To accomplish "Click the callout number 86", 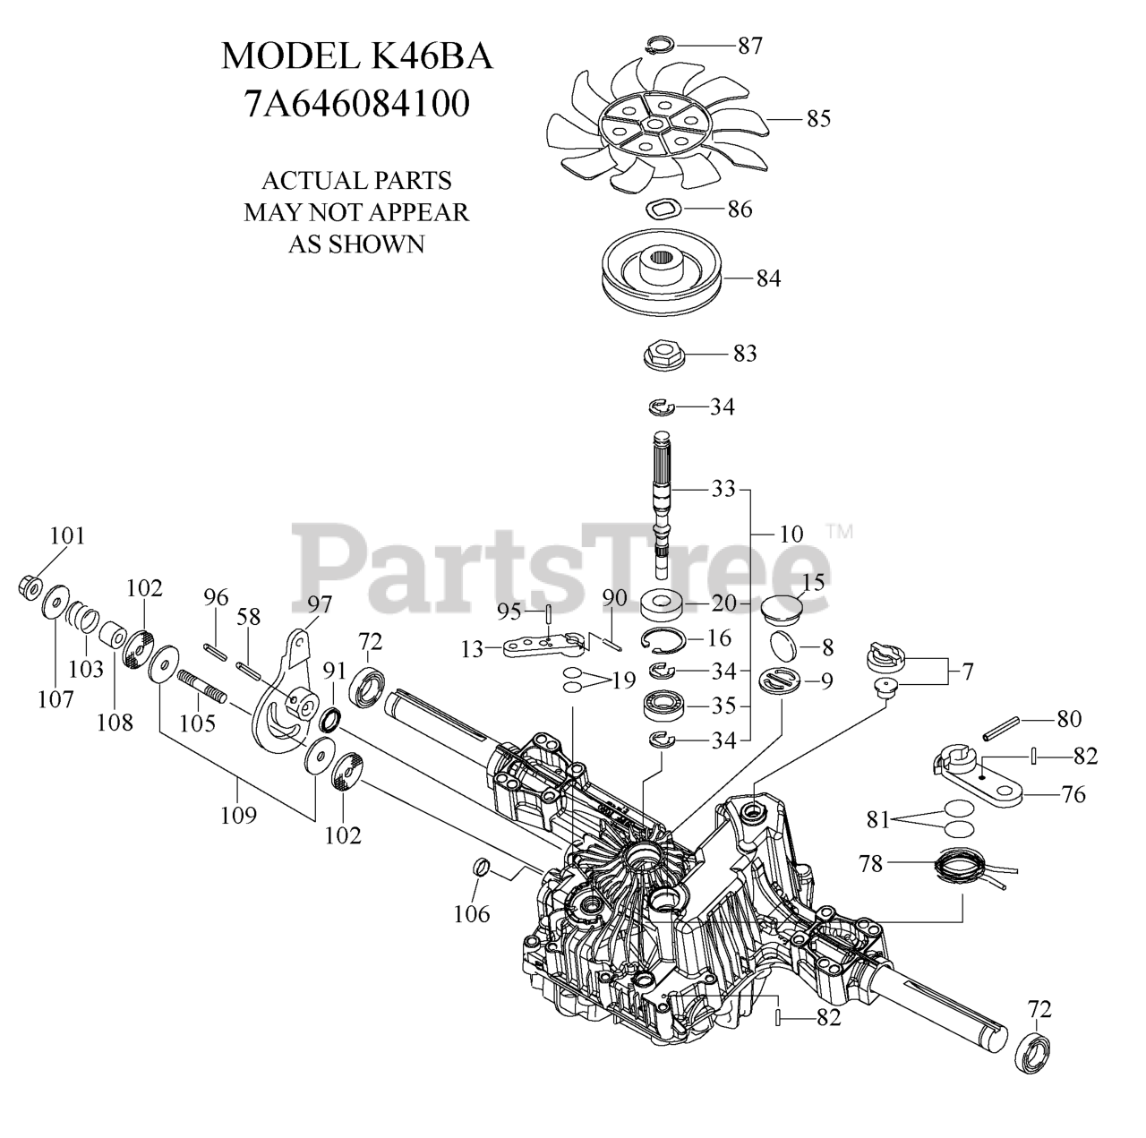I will (740, 210).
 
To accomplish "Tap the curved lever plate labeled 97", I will (285, 698).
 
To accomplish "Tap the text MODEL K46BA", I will (356, 56).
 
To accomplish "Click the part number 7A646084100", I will (356, 104).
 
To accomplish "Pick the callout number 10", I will (791, 535).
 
